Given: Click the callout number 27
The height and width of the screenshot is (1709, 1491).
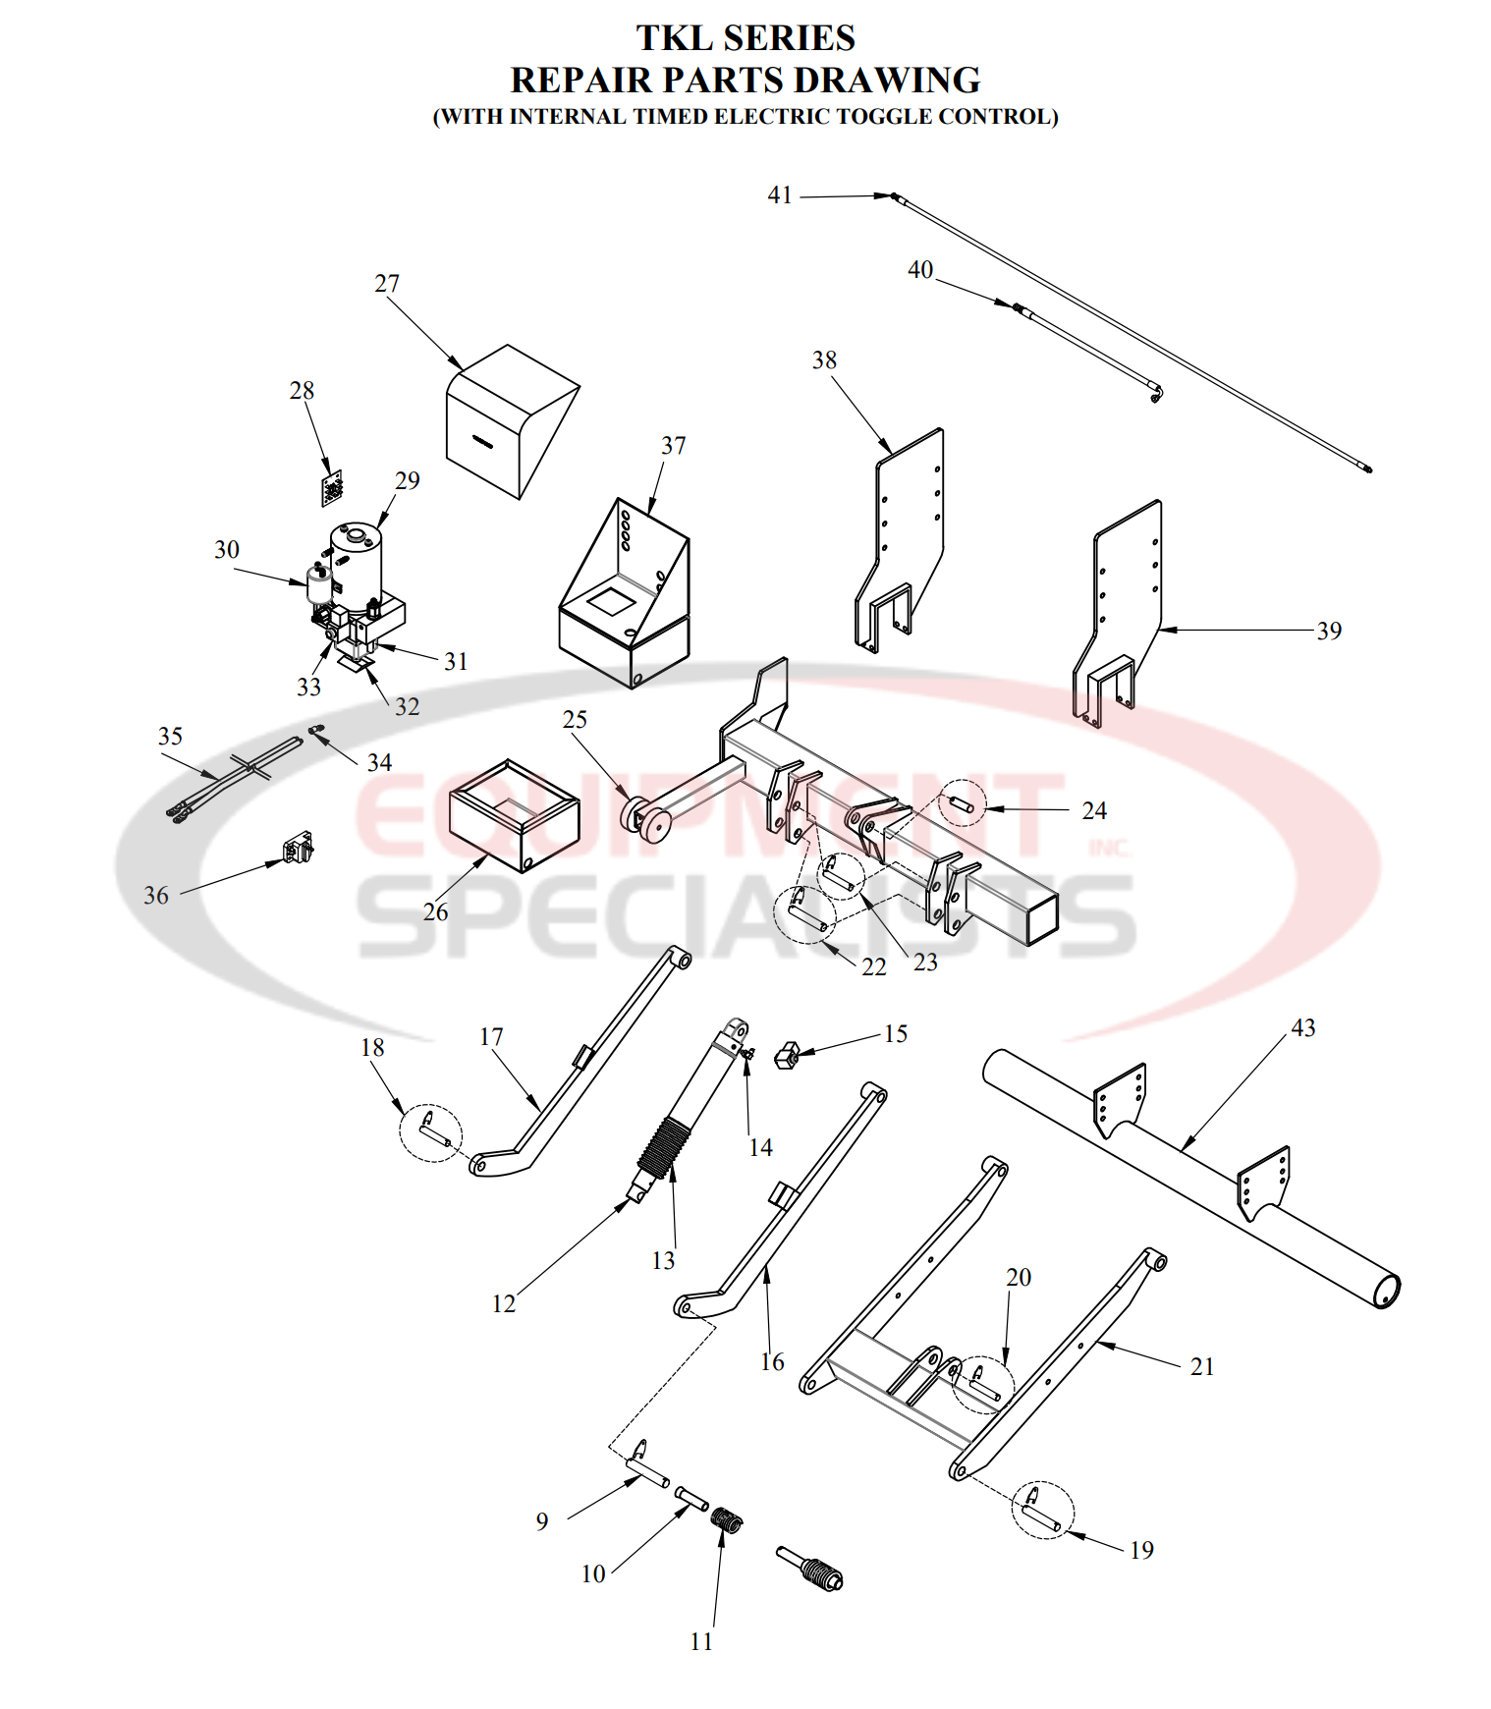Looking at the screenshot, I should [x=387, y=284].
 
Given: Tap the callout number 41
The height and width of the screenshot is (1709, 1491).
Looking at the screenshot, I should [x=780, y=195].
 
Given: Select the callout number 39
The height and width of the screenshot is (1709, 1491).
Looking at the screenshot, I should [x=1329, y=631].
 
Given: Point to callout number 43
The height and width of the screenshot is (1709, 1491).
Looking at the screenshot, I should [x=1302, y=1028].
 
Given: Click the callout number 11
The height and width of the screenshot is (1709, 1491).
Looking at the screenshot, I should [x=701, y=1642].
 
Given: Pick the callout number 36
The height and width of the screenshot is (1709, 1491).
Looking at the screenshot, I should [x=156, y=896].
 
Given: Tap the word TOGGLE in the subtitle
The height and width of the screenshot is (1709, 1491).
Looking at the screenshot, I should [x=882, y=117].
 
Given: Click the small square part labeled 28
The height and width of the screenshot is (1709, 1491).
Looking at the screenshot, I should [x=333, y=488].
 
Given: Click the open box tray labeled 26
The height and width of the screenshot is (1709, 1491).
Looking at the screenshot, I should [x=514, y=816].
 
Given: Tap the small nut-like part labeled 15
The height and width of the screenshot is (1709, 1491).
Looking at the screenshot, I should [x=786, y=1057].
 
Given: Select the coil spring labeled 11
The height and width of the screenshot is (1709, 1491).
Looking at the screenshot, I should [x=727, y=1519].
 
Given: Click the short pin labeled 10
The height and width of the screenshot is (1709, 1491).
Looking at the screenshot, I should [x=691, y=1499].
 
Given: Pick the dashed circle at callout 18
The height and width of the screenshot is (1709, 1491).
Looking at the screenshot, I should [x=430, y=1133].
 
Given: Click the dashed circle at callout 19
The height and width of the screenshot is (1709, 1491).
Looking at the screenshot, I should [x=1043, y=1510].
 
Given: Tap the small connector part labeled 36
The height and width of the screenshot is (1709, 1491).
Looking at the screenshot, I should [x=298, y=848].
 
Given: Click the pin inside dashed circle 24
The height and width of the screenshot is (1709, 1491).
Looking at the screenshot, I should [x=960, y=804].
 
